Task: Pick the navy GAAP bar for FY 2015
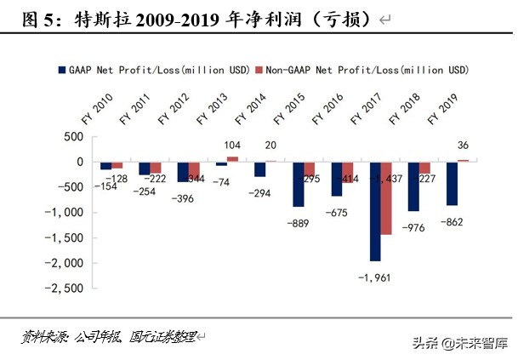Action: tap(299, 184)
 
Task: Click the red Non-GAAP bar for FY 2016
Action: tap(348, 172)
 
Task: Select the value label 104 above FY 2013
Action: tap(232, 146)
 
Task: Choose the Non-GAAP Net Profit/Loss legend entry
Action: tap(365, 68)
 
